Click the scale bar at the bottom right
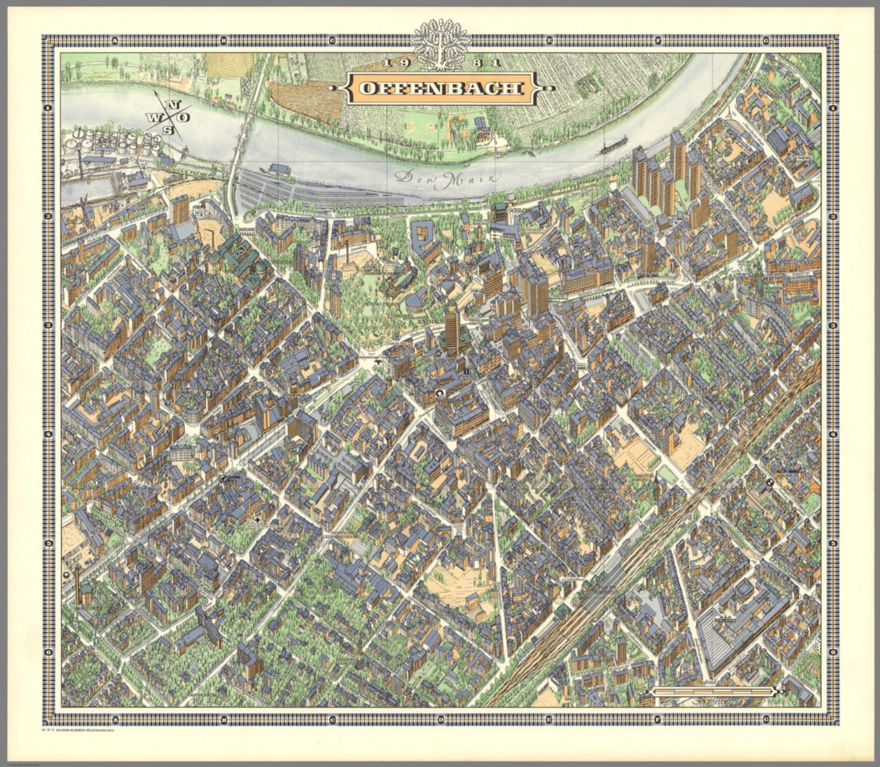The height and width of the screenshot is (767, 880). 710,691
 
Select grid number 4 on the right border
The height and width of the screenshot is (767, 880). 832,434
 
